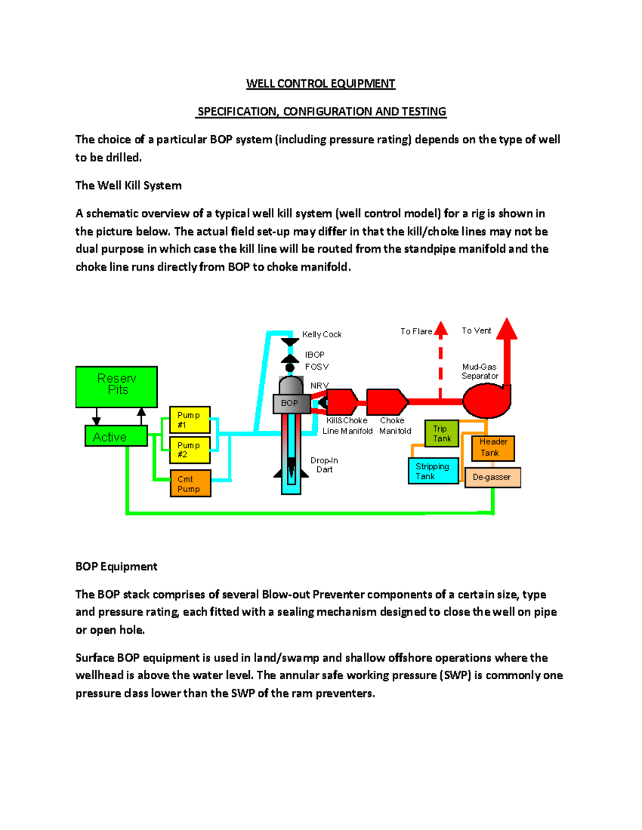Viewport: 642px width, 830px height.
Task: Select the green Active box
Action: (116, 436)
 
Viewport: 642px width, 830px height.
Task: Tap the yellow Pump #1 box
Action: (190, 420)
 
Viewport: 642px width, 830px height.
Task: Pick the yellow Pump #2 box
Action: (190, 450)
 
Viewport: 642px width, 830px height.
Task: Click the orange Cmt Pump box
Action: (190, 483)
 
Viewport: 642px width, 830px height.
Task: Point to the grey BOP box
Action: (291, 404)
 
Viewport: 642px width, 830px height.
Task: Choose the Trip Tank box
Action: (442, 433)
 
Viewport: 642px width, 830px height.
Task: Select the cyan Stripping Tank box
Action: (433, 471)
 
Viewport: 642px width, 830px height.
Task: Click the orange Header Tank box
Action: (493, 448)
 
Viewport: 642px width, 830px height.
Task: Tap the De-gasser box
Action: (493, 477)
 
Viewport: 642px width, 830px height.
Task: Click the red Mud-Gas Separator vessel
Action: (485, 400)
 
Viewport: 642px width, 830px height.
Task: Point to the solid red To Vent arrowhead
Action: (507, 329)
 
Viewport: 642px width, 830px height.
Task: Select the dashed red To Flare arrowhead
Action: (441, 329)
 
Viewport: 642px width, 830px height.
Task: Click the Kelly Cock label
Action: (322, 335)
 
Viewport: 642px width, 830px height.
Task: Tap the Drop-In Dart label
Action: (324, 465)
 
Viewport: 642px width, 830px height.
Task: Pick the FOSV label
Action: (317, 367)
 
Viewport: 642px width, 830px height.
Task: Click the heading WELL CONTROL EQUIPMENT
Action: (320, 84)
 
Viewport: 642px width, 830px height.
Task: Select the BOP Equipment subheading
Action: (116, 567)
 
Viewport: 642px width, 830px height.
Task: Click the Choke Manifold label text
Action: (395, 426)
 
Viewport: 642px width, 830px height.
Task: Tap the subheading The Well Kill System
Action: (128, 185)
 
